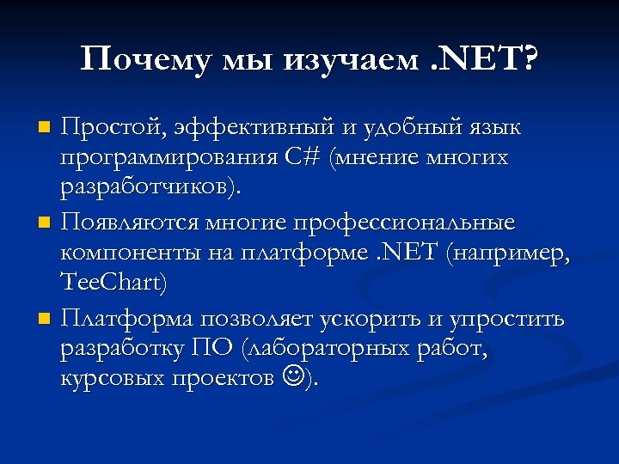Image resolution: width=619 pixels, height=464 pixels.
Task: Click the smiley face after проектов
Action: [291, 375]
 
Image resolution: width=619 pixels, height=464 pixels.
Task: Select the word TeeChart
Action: [113, 282]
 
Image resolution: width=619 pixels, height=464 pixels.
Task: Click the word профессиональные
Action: [404, 224]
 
